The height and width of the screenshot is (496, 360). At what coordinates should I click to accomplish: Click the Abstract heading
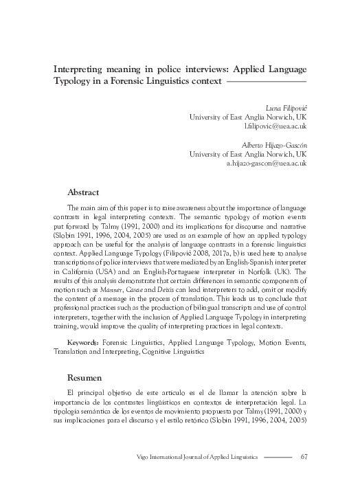coord(83,192)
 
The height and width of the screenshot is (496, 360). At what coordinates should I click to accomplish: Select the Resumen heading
coord(85,378)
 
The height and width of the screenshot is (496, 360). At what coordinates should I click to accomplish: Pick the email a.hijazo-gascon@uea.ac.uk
coord(266,164)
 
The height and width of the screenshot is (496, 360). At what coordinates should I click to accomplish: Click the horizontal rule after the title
coord(266,82)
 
